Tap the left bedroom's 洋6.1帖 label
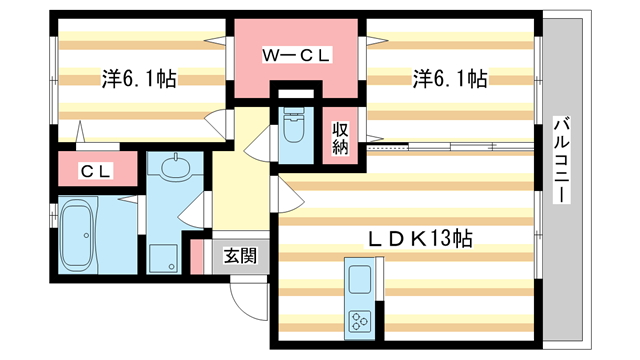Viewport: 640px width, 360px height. click(138, 78)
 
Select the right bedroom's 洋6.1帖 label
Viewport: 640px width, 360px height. click(450, 78)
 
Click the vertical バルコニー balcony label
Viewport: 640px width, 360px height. click(562, 161)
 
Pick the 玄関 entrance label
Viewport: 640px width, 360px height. click(238, 255)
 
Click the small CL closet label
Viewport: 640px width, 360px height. click(96, 171)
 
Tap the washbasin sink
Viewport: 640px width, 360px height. click(174, 165)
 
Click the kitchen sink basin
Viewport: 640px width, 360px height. click(358, 278)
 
